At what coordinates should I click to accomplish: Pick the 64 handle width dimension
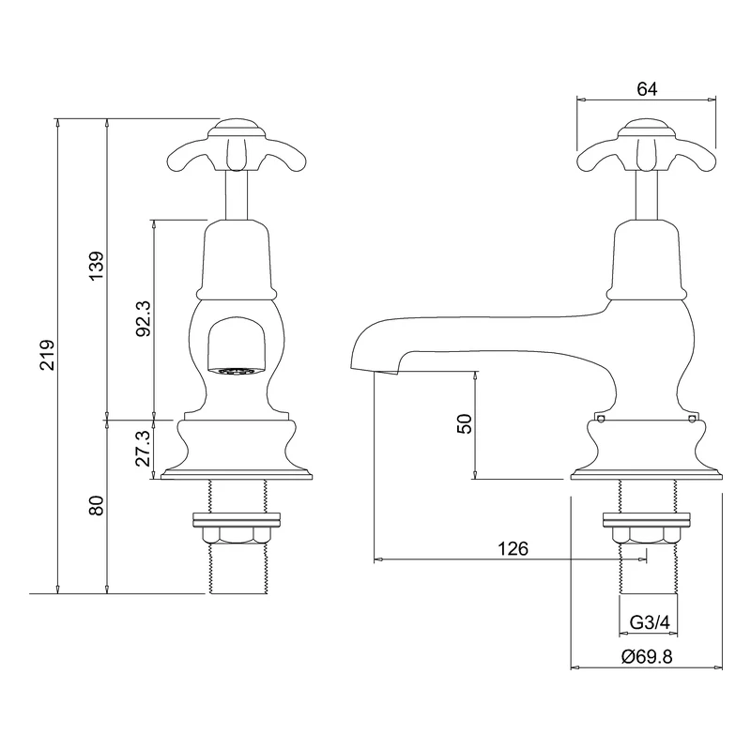[646, 88]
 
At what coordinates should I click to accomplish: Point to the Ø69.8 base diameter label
[646, 657]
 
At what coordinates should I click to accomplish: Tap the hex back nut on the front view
[235, 534]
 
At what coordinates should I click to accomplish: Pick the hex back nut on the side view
[646, 534]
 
